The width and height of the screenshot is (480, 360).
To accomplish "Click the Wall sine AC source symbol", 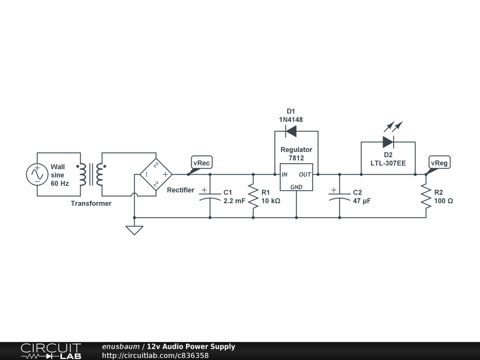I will [x=37, y=174].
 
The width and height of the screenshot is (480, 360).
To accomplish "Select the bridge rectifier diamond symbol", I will [x=156, y=174].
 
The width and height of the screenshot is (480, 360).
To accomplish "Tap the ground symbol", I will [x=135, y=230].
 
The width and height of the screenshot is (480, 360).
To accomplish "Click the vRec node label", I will [x=202, y=163].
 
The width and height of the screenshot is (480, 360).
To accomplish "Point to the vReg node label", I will [x=439, y=163].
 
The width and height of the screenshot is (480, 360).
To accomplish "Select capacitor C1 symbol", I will [x=210, y=195].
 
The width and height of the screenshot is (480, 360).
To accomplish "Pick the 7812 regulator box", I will [x=296, y=177].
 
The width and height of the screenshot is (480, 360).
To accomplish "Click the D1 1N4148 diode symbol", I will [x=291, y=132].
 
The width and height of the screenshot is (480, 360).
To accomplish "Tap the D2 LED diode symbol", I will [x=388, y=142].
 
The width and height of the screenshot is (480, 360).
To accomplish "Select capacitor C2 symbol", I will [x=339, y=195].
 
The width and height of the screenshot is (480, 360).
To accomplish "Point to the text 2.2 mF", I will [x=234, y=201].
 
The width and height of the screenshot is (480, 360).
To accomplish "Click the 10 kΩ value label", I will [x=270, y=201].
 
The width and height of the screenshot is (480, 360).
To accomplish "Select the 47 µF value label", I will [x=362, y=201].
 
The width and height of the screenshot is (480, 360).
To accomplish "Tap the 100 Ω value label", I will [x=443, y=201].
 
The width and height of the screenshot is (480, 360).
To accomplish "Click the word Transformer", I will [x=91, y=203].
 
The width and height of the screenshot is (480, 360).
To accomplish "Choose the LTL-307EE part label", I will [x=388, y=163].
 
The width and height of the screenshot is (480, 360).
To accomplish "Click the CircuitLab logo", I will [x=51, y=351].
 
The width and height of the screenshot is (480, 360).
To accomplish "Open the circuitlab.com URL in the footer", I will [x=155, y=355].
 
